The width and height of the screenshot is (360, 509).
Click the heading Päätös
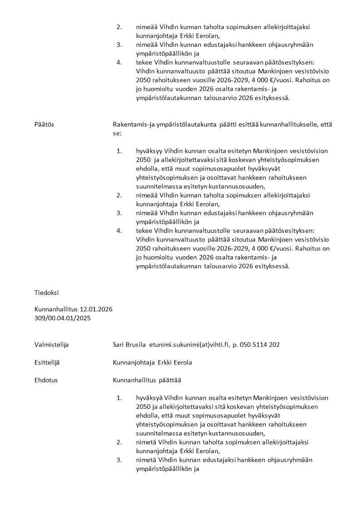point(44,124)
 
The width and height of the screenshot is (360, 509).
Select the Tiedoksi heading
point(46,293)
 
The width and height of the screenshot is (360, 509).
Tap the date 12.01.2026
point(96,309)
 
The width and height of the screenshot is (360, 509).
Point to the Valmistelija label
point(51,344)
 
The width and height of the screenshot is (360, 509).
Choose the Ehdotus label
point(46,380)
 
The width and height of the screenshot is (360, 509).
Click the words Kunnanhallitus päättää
point(147,380)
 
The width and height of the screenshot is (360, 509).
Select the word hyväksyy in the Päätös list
point(149,151)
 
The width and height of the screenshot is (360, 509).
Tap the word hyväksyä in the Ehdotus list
point(149,398)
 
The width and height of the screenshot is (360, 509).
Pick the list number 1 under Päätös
point(119,151)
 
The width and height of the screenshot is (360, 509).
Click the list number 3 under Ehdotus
point(119,460)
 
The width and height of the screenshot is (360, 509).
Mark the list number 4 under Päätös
point(119,230)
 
